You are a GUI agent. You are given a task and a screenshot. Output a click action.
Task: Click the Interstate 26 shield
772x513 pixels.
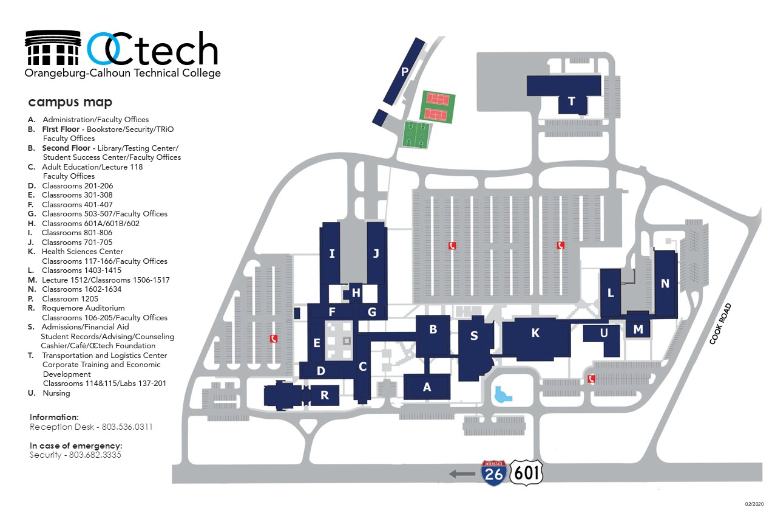pyautogui.click(x=494, y=472)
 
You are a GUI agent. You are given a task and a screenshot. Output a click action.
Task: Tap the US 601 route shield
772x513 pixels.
pyautogui.click(x=526, y=472)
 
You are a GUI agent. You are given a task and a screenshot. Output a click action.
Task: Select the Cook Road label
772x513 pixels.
pyautogui.click(x=722, y=324)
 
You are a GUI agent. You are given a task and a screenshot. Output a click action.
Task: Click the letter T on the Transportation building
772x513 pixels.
pyautogui.click(x=571, y=102)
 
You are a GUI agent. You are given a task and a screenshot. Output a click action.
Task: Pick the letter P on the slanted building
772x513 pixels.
pyautogui.click(x=405, y=72)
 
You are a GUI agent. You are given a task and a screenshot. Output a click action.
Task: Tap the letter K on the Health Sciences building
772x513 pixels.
pyautogui.click(x=535, y=332)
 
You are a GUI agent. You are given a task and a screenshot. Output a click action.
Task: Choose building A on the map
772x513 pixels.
pyautogui.click(x=427, y=387)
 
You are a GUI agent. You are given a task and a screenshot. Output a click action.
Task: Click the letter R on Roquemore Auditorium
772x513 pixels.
pyautogui.click(x=325, y=395)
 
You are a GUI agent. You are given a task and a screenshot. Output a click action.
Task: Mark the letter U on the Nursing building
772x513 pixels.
pyautogui.click(x=603, y=333)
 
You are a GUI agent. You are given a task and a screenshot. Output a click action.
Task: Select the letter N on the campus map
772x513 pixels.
pyautogui.click(x=665, y=283)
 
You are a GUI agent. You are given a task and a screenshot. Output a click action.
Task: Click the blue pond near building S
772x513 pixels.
pyautogui.click(x=503, y=395)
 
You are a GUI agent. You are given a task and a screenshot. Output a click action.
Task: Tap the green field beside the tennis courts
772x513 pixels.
pyautogui.click(x=416, y=134)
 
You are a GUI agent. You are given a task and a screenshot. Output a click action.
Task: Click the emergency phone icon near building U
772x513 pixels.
pyautogui.click(x=592, y=379)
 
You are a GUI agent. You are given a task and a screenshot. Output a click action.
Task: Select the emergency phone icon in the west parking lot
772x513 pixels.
pyautogui.click(x=274, y=339)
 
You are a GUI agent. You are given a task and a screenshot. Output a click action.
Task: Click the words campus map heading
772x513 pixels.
pyautogui.click(x=70, y=102)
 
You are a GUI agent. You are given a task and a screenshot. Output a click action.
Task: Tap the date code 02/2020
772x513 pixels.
pyautogui.click(x=754, y=504)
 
